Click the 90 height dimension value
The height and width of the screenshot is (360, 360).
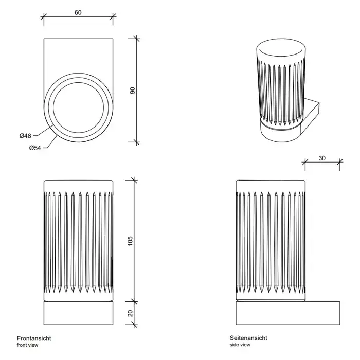(132, 90)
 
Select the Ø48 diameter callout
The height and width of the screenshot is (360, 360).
(26, 135)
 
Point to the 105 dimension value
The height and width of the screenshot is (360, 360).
(130, 240)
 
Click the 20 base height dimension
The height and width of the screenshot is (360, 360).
(130, 313)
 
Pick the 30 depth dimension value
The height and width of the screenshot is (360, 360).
(322, 158)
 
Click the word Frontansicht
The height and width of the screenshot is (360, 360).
(34, 338)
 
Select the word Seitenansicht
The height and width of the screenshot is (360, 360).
(248, 338)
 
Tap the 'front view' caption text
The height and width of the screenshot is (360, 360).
(27, 345)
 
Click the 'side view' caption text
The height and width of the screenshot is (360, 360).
(240, 345)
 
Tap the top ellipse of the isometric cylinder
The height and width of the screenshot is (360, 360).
(281, 51)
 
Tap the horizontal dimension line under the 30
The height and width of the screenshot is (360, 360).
(322, 164)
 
